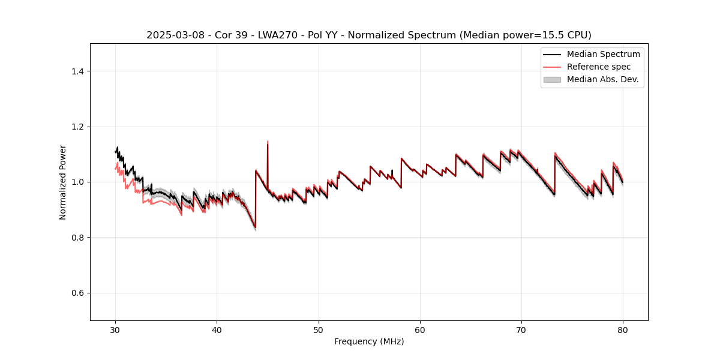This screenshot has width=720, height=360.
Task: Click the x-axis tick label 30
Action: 115,329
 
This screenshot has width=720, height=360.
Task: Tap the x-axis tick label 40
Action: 217,329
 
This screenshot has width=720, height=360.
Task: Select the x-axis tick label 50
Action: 318,329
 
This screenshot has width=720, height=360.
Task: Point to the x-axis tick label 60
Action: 420,329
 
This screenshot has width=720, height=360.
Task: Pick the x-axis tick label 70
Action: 521,329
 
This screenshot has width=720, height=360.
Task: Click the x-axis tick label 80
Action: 623,329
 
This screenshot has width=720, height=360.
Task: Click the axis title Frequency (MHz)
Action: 369,341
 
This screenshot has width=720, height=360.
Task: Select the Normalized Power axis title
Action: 63,182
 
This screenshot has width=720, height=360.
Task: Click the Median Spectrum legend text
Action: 603,54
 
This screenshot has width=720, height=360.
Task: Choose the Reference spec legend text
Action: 599,67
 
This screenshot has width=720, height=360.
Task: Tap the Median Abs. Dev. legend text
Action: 602,79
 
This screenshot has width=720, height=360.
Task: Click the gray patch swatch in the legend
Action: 552,79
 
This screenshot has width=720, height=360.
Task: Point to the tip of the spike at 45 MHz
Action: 268,142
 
